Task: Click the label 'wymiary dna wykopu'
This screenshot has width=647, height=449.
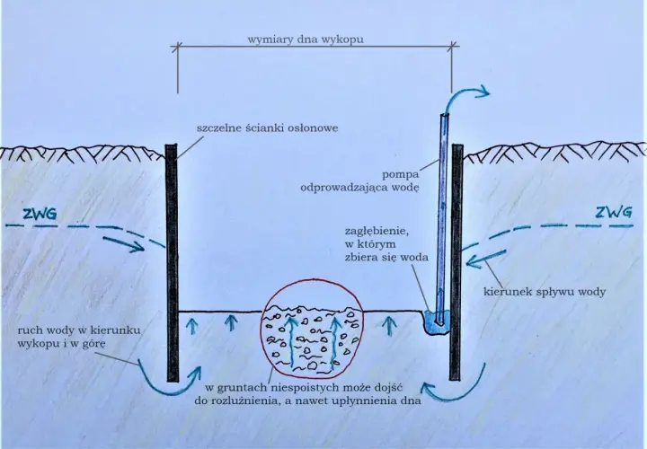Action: (x=306, y=40)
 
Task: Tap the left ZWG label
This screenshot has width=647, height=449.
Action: (x=40, y=215)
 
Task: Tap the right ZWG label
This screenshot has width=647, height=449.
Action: (x=614, y=212)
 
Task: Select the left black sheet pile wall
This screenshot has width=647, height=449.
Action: (x=172, y=262)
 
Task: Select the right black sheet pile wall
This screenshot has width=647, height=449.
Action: (x=456, y=261)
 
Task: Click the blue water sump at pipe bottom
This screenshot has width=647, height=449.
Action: (x=435, y=322)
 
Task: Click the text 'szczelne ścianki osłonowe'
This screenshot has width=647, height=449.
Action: (x=268, y=128)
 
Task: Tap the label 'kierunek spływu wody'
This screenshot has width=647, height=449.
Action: (x=545, y=293)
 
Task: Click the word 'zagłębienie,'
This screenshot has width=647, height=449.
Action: (x=377, y=232)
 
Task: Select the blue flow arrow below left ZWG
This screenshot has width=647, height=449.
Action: (x=123, y=244)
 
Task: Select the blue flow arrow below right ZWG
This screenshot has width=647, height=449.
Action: (x=485, y=258)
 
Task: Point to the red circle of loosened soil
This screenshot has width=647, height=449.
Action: (x=312, y=280)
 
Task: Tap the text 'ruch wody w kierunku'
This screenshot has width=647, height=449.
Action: (x=79, y=330)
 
